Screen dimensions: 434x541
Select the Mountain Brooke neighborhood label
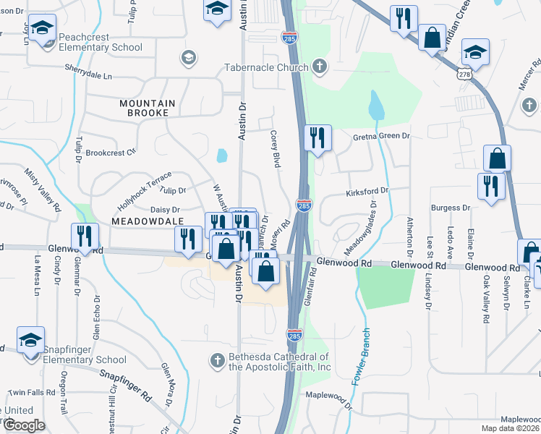click(148, 109)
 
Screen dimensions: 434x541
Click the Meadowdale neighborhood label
click(144, 218)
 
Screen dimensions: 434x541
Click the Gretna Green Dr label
click(382, 136)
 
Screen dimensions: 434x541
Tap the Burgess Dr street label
click(451, 208)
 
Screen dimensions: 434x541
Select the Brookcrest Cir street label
click(111, 153)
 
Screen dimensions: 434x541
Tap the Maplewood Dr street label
click(328, 396)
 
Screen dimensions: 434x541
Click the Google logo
click(24, 426)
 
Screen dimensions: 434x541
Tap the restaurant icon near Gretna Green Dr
click(317, 137)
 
